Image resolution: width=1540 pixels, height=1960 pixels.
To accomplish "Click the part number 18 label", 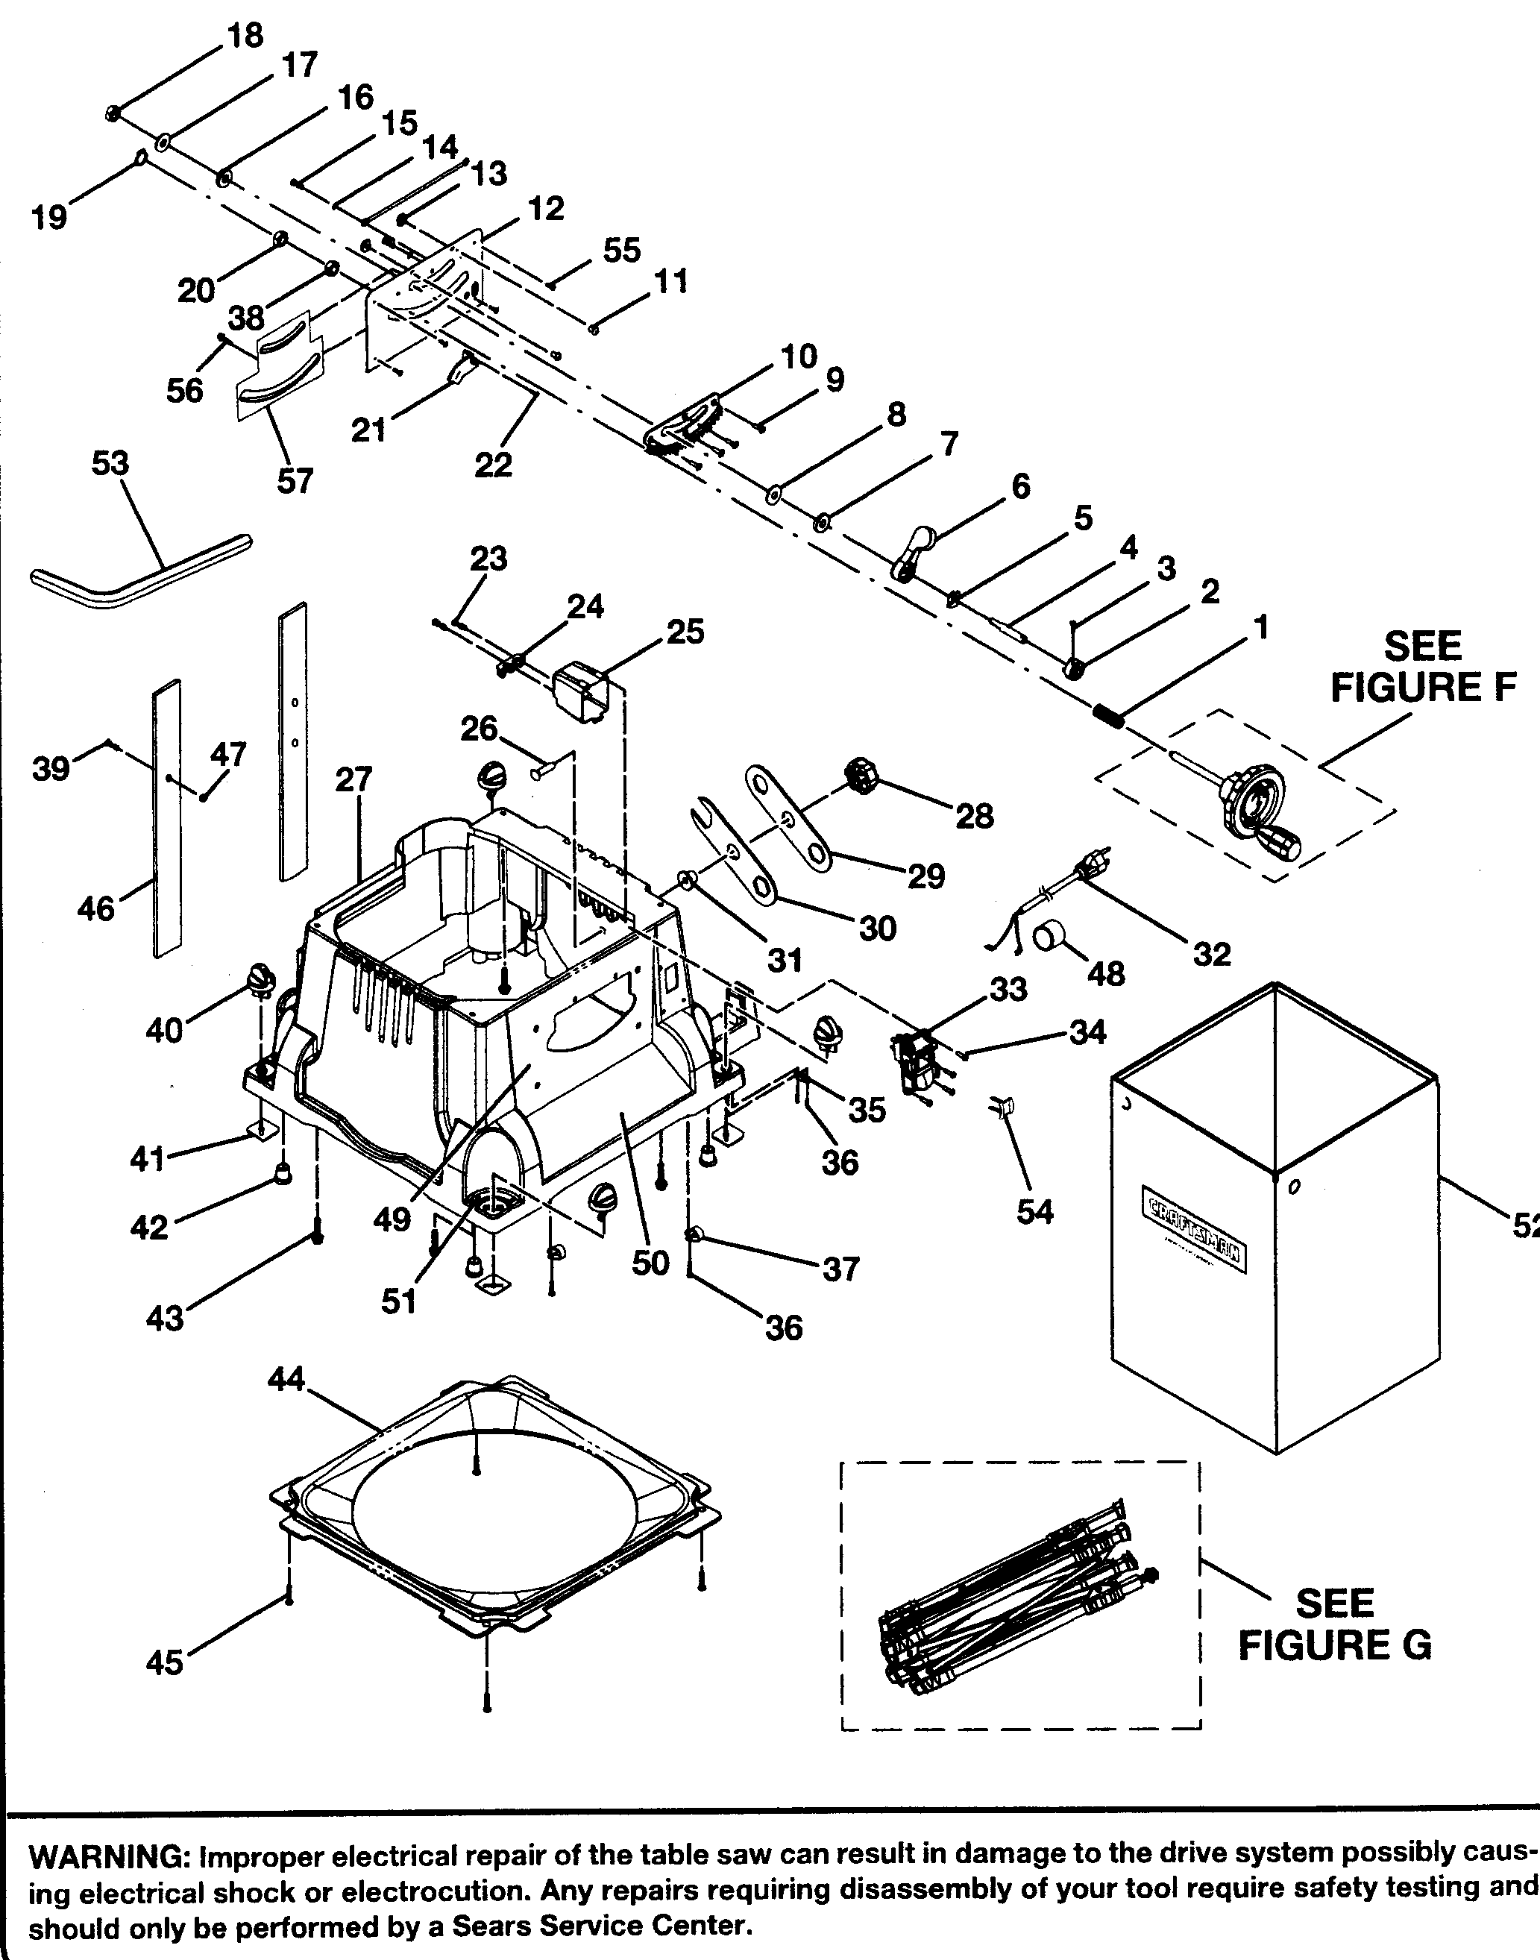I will pos(245,36).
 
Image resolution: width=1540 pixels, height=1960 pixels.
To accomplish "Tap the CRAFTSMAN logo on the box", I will pos(1195,1231).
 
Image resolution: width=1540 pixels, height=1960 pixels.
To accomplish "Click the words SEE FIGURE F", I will pos(1422,668).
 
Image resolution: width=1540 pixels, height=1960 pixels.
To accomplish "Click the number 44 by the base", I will pos(286,1380).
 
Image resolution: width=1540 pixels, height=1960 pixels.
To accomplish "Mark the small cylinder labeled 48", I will pos(1048,936).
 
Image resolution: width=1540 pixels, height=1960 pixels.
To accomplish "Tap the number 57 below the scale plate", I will pos(295,482).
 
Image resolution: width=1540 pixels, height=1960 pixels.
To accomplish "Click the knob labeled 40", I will pos(260,979).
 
